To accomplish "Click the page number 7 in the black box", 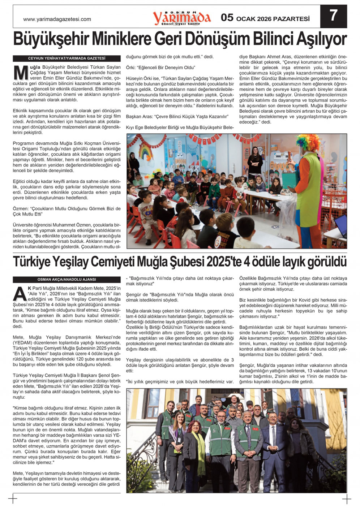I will coord(333,16).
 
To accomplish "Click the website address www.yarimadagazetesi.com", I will coord(57,19).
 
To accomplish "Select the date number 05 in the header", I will coord(227,17).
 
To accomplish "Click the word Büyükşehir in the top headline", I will coord(51,39).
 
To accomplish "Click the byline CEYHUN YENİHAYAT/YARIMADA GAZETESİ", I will coord(67,58).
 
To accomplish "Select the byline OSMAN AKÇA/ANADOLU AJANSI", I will coord(67,280).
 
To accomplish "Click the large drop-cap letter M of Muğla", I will coord(21,73).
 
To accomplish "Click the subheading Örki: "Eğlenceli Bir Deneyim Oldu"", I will coord(160,68).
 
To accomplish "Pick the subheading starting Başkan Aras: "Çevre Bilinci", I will coord(177,117).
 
